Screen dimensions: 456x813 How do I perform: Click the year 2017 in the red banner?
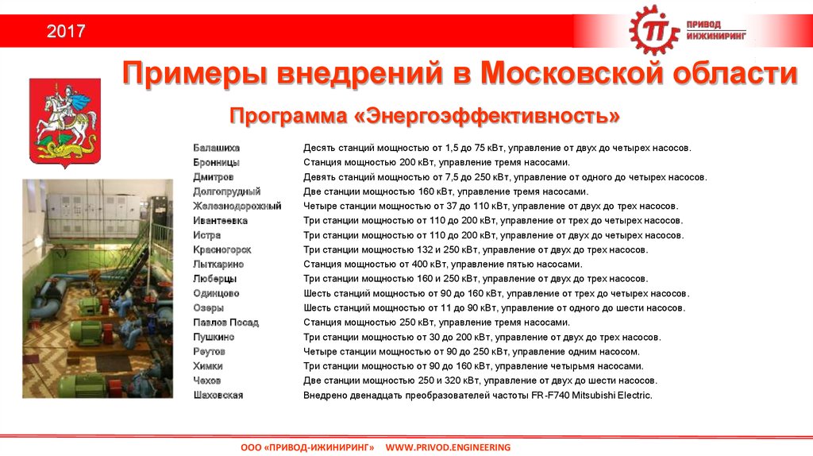65,32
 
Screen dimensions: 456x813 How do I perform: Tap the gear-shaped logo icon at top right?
654,31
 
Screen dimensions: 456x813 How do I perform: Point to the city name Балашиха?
216,148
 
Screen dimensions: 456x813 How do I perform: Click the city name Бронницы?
216,162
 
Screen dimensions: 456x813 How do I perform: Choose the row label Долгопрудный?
226,191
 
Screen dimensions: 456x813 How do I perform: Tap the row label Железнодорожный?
237,206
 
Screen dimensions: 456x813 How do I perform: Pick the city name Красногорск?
222,249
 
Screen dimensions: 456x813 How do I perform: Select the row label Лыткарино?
218,264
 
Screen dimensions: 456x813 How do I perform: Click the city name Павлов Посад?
225,323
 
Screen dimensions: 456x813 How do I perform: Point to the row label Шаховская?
218,395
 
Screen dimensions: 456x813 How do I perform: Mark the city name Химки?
207,366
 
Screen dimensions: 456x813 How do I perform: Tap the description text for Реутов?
471,351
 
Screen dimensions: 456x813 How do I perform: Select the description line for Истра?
493,235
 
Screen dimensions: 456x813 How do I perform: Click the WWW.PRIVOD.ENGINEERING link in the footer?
448,448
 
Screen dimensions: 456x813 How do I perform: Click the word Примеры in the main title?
195,75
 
